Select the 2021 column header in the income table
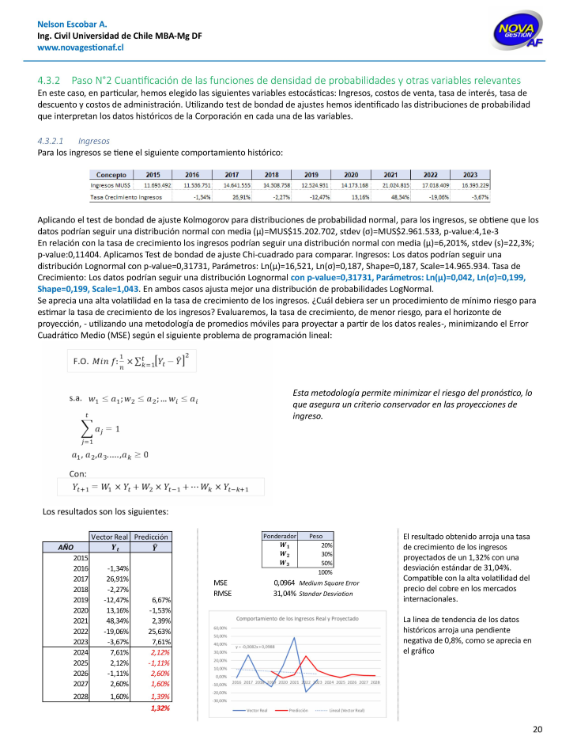[390, 174]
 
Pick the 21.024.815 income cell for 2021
[390, 184]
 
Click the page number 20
[537, 729]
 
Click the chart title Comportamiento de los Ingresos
[297, 618]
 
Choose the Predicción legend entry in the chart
[294, 711]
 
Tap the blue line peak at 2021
[295, 638]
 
